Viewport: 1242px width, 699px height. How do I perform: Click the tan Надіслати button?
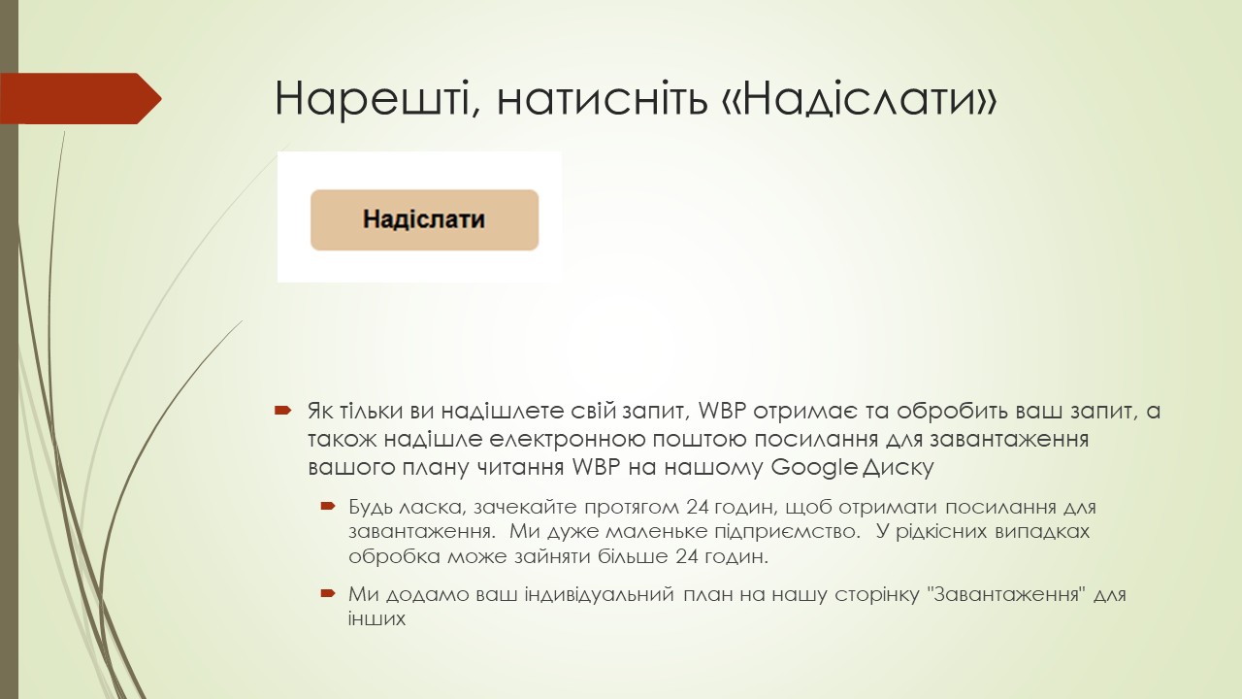point(424,219)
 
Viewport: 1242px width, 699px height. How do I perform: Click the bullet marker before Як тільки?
point(282,411)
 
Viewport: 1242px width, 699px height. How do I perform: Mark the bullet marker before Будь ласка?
point(327,507)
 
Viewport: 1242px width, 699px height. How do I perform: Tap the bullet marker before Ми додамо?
point(327,592)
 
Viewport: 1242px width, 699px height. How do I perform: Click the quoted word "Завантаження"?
point(1005,593)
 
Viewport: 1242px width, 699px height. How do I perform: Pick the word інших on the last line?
point(376,617)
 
